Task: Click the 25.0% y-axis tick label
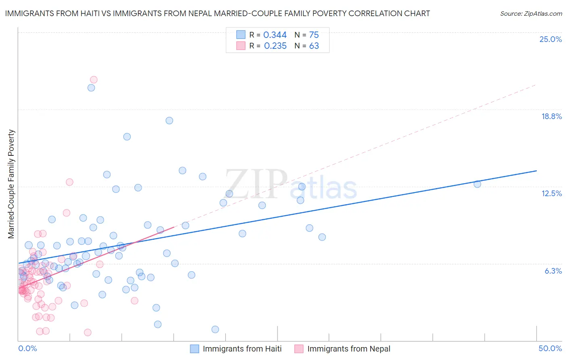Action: [x=550, y=39]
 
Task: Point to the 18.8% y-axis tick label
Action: [x=551, y=116]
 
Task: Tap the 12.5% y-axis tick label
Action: [x=551, y=193]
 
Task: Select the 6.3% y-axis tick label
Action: [x=553, y=271]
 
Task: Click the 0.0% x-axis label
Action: [x=27, y=348]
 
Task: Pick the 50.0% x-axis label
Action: [x=550, y=348]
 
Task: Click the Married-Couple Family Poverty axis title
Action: [x=11, y=184]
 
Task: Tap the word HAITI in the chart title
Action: [x=83, y=13]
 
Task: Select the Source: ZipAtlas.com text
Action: [x=531, y=13]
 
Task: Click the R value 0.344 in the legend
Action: [x=275, y=35]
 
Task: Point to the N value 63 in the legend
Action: [x=314, y=46]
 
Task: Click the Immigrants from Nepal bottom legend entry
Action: [x=342, y=349]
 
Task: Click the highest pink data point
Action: [x=94, y=80]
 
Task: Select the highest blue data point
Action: [x=91, y=88]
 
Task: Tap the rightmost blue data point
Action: [x=477, y=184]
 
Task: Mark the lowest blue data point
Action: [x=215, y=329]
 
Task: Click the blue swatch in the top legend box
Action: [x=241, y=35]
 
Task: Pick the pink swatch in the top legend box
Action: [x=241, y=46]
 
